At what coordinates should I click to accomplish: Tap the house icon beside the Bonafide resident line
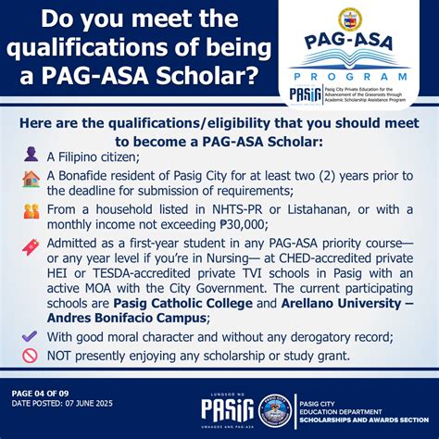coord(31,179)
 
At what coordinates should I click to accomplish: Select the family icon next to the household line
coord(31,212)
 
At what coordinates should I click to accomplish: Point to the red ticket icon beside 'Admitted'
coord(31,245)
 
